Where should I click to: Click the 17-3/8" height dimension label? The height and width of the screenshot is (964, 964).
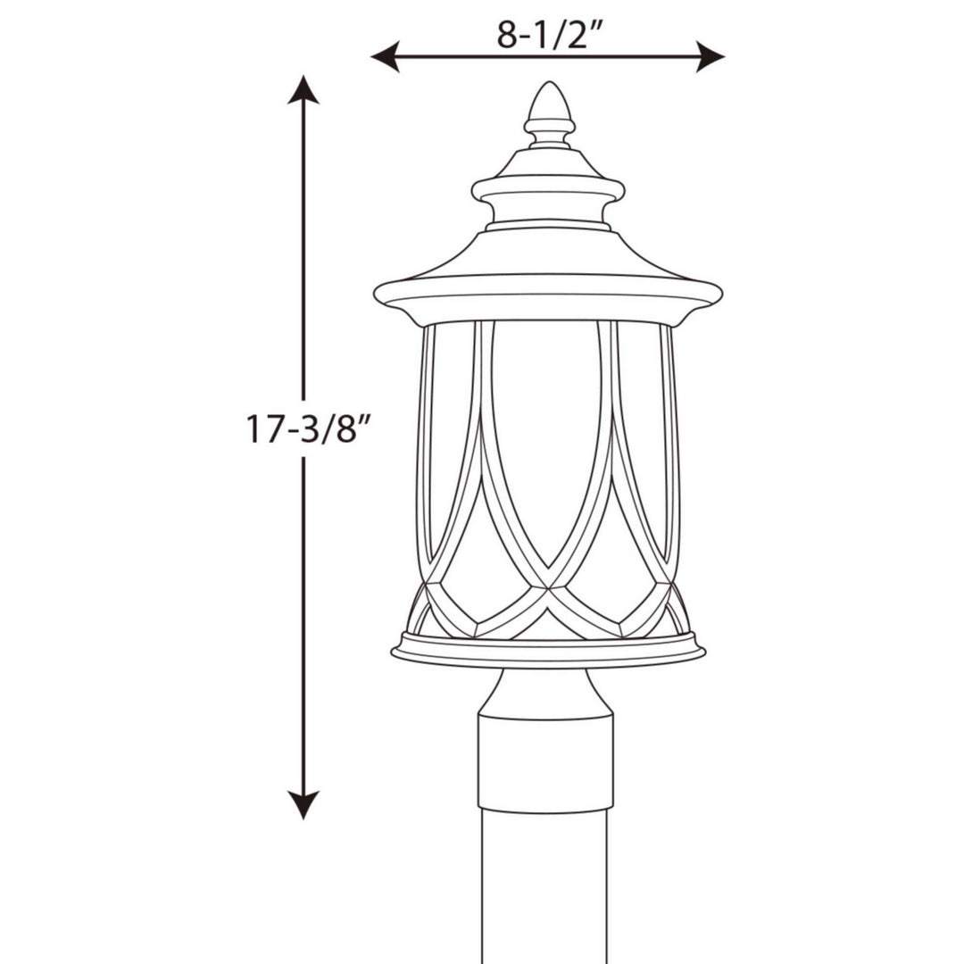(307, 428)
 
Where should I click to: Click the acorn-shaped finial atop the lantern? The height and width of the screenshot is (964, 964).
(547, 107)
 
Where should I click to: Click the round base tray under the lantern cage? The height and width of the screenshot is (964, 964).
(547, 650)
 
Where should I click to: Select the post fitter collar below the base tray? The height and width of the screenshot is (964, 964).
(546, 759)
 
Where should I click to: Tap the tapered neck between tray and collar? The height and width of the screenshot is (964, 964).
(546, 688)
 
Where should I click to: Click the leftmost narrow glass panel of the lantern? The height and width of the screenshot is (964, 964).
(426, 446)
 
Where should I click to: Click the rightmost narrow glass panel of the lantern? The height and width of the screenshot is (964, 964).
(669, 446)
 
